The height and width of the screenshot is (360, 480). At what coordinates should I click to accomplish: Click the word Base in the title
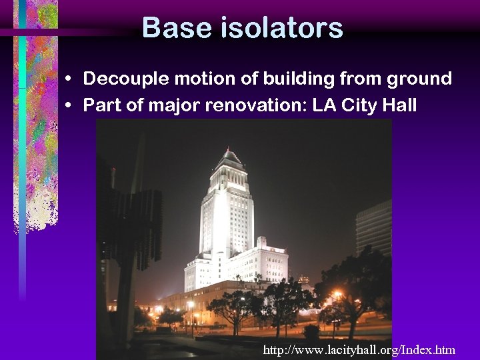click(170, 28)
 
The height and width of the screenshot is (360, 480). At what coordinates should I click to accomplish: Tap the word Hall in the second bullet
click(399, 105)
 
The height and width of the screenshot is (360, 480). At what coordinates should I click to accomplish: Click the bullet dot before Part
click(69, 105)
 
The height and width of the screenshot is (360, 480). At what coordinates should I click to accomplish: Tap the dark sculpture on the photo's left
click(137, 227)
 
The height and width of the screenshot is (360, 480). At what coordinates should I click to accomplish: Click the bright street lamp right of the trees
click(338, 295)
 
